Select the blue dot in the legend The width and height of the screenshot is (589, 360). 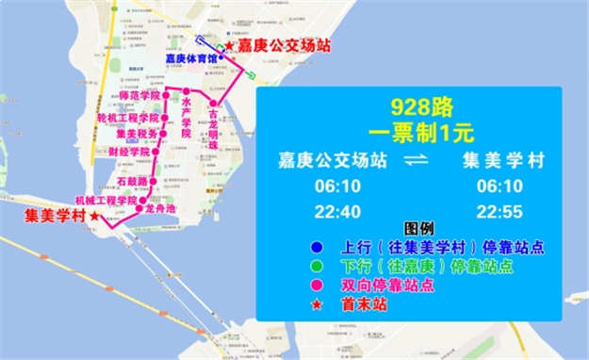(299, 249)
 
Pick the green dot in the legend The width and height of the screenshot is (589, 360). (299, 267)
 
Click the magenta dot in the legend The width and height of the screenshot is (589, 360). (299, 286)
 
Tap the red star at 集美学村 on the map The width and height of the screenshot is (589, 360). (94, 217)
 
